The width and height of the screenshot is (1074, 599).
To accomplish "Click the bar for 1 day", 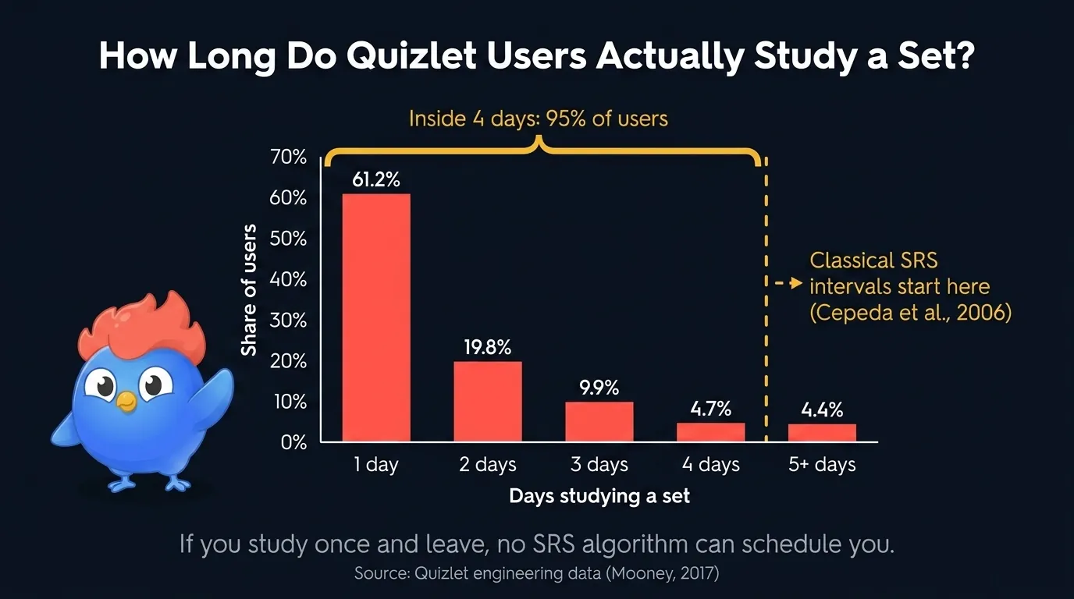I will (376, 317).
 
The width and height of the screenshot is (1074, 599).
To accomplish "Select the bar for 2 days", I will (488, 402).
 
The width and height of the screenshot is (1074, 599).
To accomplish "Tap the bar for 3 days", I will (599, 422).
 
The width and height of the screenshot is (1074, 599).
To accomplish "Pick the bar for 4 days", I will (710, 432).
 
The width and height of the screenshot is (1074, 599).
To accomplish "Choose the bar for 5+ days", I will (822, 433).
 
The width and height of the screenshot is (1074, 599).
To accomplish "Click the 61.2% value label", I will (376, 179).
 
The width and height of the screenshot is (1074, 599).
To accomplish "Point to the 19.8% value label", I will (488, 347).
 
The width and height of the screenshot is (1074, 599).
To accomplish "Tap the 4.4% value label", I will (822, 409).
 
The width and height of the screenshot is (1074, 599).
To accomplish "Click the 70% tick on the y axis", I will (289, 158).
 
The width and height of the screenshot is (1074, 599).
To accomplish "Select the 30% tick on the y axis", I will (289, 321).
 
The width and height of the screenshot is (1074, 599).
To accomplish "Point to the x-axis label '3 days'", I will (599, 465).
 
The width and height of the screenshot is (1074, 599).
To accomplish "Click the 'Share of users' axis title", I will (249, 290).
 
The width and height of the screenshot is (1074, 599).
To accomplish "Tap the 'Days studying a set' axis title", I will (599, 496).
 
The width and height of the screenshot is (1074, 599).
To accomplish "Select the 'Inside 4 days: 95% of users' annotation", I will (539, 119).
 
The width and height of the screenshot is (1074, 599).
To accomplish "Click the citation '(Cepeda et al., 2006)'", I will (910, 313).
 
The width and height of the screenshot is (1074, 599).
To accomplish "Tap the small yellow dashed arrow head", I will (796, 284).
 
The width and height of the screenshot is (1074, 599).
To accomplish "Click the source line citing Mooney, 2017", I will (536, 573).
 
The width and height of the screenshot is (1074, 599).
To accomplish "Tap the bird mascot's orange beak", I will (126, 401).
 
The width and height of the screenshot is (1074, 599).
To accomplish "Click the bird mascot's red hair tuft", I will (140, 328).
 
